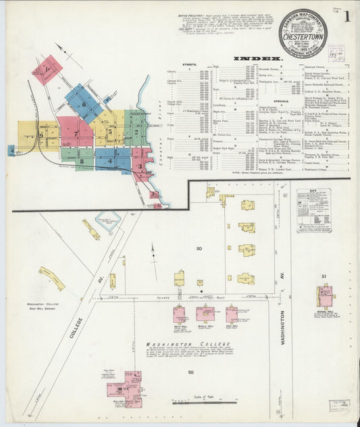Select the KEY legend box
click(313, 210)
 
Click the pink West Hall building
click(180, 315)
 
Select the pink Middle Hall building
click(205, 313)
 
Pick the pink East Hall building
click(232, 314)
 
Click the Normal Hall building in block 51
click(326, 296)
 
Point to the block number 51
click(324, 277)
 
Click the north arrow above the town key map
click(61, 50)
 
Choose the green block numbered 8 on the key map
click(82, 160)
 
